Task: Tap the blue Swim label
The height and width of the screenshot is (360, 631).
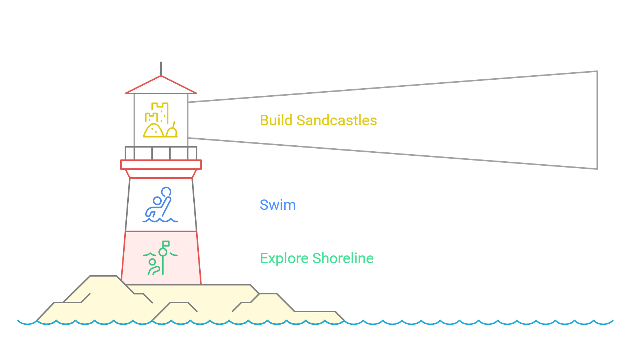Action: [x=278, y=205]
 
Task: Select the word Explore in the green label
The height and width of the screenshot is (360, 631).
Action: [x=284, y=258]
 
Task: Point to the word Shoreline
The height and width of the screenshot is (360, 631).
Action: [x=343, y=258]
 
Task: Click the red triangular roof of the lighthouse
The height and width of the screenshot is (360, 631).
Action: [x=161, y=86]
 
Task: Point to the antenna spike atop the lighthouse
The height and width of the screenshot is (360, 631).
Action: [x=161, y=68]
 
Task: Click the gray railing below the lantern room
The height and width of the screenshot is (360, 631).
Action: [x=161, y=153]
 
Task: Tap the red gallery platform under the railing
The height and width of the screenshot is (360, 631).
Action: [x=161, y=165]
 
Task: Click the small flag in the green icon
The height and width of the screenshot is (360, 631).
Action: [x=166, y=244]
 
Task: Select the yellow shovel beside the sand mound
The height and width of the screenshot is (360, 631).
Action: [x=172, y=130]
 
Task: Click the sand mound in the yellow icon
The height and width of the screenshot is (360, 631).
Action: [x=153, y=131]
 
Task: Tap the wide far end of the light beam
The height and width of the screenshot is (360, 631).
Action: [x=597, y=120]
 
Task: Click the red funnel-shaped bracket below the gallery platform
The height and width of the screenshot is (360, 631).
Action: [x=161, y=174]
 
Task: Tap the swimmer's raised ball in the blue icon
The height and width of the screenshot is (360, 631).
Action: [x=166, y=192]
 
